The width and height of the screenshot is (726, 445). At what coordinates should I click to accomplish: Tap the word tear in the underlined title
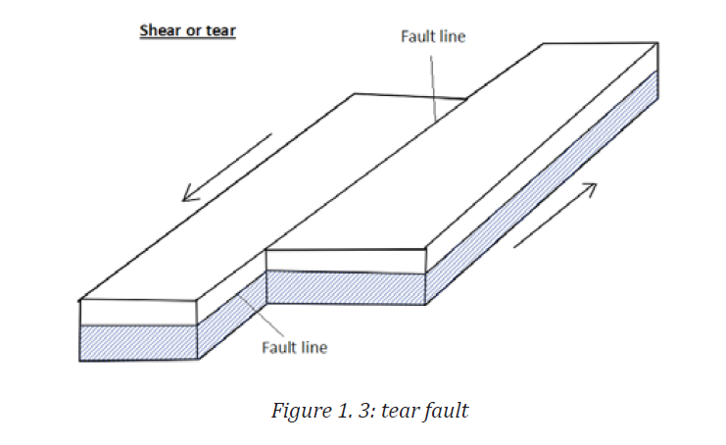coord(220,30)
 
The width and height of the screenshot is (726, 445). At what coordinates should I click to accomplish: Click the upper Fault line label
coord(433,36)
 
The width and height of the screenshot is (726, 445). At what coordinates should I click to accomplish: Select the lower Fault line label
coord(295,347)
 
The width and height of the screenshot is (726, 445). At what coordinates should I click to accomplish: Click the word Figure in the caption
coord(302,411)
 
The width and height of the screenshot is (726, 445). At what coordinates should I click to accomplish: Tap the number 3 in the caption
coord(363,411)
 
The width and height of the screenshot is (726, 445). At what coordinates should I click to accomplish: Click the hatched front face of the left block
coord(138,343)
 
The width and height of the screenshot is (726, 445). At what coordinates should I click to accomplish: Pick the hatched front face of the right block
coord(346,287)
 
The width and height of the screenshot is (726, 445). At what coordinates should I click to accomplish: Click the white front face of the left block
coord(138,313)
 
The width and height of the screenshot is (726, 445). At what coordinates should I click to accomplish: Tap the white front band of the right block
coord(346,261)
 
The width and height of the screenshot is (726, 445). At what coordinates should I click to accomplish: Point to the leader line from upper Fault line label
coord(433,88)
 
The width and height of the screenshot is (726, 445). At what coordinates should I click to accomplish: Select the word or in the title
coord(194,31)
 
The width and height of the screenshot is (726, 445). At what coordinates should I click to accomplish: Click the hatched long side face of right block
coord(542,187)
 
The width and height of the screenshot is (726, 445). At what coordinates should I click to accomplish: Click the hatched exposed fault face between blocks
coord(232,315)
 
